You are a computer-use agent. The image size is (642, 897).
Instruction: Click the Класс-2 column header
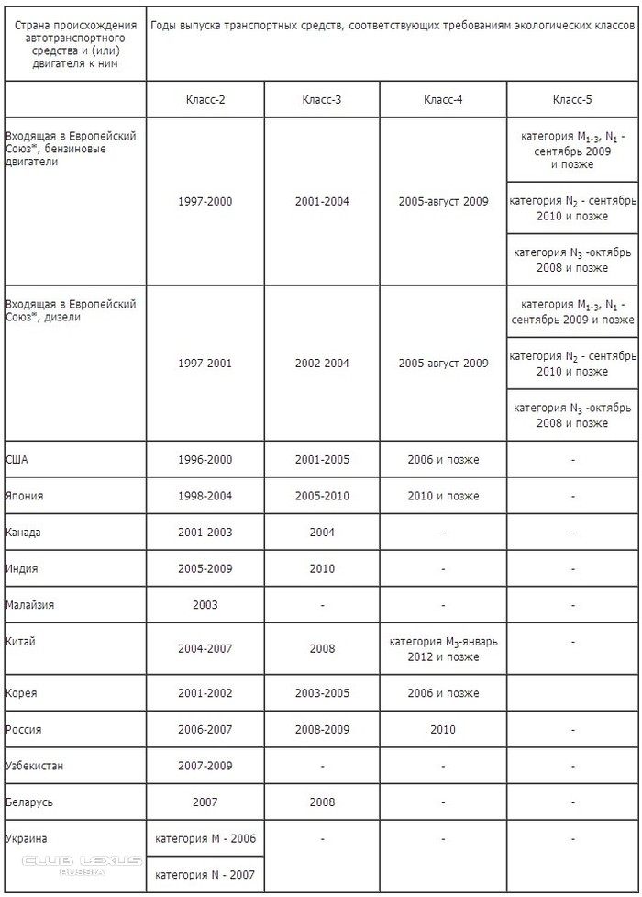[205, 99]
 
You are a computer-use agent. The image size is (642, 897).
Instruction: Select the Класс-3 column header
[322, 99]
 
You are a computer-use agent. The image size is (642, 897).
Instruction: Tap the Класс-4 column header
[443, 99]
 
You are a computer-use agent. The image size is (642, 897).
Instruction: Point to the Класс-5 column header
[572, 99]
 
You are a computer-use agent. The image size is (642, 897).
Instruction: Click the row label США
[17, 459]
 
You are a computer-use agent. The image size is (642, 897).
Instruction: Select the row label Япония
[24, 496]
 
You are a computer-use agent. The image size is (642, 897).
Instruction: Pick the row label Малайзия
[29, 605]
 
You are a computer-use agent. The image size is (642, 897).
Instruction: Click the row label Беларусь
[28, 802]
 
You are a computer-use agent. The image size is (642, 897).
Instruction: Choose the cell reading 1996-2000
[205, 459]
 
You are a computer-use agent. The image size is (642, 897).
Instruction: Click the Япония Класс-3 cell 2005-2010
[322, 496]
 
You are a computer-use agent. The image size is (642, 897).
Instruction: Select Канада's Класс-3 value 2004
[322, 533]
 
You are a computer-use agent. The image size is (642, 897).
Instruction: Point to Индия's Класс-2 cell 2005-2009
[205, 568]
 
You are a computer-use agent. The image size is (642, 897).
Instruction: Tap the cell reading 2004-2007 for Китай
[205, 648]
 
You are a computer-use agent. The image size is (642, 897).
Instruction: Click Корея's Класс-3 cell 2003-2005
[322, 692]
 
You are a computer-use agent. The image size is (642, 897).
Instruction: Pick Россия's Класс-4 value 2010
[443, 729]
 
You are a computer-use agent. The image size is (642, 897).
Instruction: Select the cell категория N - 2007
[205, 874]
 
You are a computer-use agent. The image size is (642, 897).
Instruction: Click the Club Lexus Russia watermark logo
[82, 864]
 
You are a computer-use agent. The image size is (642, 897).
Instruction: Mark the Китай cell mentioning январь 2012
[443, 648]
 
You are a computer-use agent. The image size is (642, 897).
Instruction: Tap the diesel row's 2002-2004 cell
[322, 363]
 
